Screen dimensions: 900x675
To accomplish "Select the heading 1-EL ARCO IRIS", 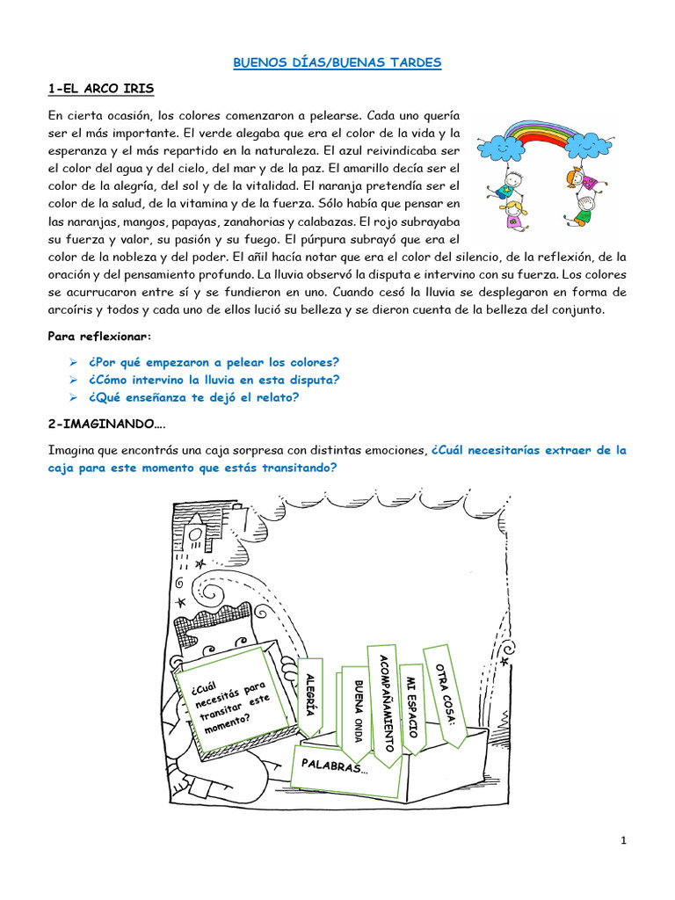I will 101,88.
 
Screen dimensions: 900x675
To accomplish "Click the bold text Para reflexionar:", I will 99,337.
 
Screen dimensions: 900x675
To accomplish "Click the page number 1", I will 623,840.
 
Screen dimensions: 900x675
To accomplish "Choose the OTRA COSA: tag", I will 444,693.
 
